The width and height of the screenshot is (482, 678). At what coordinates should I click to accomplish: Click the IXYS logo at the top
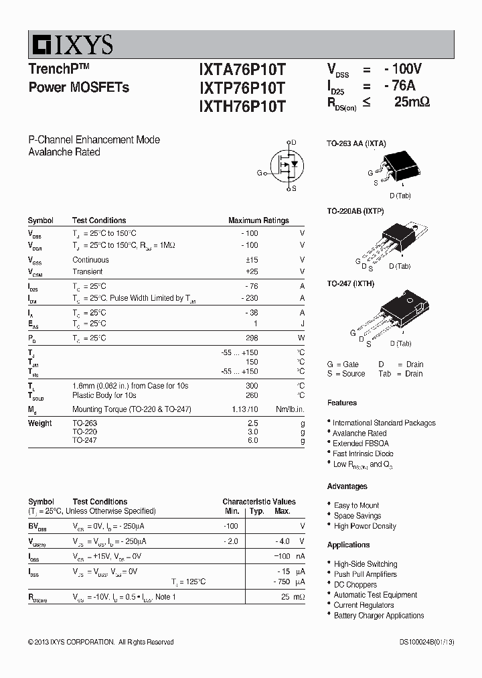[71, 45]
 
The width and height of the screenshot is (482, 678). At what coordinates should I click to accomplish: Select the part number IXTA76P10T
[242, 69]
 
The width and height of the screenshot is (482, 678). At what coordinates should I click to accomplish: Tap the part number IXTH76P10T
[242, 106]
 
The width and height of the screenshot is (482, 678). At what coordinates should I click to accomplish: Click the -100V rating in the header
[403, 68]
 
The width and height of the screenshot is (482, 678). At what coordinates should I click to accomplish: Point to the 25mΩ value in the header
[412, 102]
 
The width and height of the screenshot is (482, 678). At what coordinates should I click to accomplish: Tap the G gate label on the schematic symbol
[260, 173]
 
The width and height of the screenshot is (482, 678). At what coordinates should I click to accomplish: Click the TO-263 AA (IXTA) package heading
[356, 143]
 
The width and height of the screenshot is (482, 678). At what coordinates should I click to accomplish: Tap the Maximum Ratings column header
[258, 220]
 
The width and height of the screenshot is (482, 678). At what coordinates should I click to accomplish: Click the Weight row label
[40, 423]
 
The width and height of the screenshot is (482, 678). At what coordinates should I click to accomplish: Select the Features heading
[342, 403]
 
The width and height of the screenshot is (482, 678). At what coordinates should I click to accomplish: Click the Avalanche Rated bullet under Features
[359, 433]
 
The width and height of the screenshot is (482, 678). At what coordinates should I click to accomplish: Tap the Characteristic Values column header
[259, 502]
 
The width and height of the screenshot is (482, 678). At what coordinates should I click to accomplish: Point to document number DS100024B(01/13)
[427, 642]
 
